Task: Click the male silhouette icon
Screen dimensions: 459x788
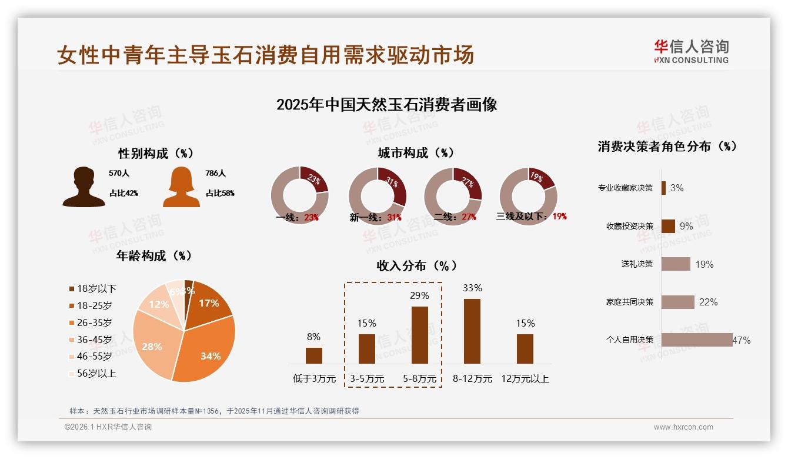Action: pyautogui.click(x=84, y=187)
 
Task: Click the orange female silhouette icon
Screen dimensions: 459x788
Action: pyautogui.click(x=181, y=187)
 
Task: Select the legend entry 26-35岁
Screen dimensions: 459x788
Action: pyautogui.click(x=94, y=322)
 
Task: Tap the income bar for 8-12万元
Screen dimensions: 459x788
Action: pyautogui.click(x=472, y=331)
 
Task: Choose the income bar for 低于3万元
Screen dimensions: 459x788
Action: pyautogui.click(x=314, y=355)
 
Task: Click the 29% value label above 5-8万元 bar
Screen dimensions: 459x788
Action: pyautogui.click(x=419, y=295)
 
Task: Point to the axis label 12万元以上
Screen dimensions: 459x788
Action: pyautogui.click(x=525, y=379)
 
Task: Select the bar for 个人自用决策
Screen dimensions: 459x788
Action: pyautogui.click(x=696, y=340)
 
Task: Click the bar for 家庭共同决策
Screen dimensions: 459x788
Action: pyautogui.click(x=677, y=302)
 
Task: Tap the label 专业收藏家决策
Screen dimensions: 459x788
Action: pyautogui.click(x=625, y=188)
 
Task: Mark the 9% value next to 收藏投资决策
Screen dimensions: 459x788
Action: pyautogui.click(x=686, y=226)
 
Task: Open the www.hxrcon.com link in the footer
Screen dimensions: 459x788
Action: pyautogui.click(x=683, y=427)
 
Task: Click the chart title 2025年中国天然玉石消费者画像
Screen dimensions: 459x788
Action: pyautogui.click(x=386, y=105)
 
